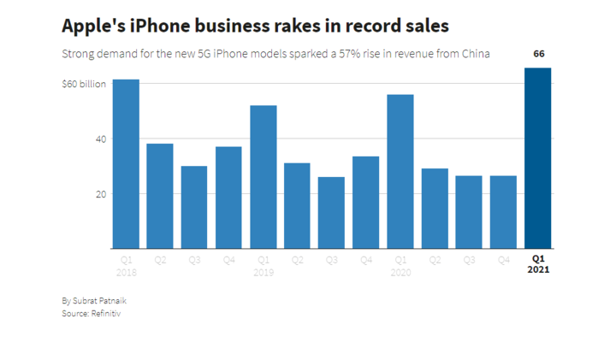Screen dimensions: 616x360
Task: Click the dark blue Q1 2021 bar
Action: (538, 158)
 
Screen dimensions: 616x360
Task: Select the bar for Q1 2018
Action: (126, 164)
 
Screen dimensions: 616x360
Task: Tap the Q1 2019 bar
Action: (264, 177)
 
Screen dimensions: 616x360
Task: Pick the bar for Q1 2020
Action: (400, 172)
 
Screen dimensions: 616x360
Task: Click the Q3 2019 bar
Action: (332, 213)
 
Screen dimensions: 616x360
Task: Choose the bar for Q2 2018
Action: (160, 197)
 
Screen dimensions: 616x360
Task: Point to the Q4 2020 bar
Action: (503, 212)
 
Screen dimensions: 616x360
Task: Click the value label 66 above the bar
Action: (539, 54)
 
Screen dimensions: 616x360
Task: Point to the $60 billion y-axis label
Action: (84, 84)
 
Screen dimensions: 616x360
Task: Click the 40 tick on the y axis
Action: (101, 139)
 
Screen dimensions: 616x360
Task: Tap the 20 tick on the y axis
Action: (101, 194)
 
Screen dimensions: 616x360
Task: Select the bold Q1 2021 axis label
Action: (538, 264)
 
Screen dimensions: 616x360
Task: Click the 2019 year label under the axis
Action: (264, 273)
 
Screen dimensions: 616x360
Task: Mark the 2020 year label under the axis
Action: (400, 273)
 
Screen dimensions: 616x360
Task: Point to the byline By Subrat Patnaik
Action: (94, 301)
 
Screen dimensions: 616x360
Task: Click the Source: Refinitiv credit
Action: (92, 313)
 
